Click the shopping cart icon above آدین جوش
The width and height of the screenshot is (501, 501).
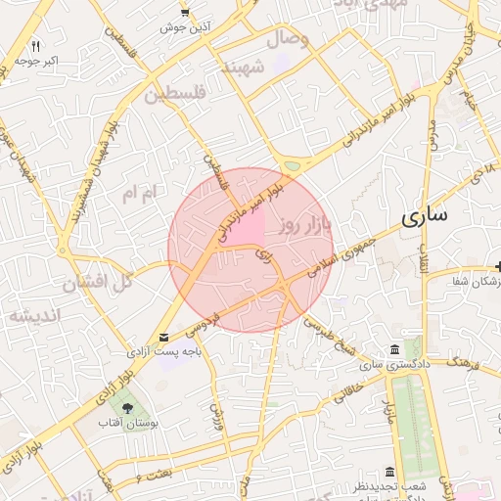coord(185,12)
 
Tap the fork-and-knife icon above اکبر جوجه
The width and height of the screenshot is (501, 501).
coord(36,46)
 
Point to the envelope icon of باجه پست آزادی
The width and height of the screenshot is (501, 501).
coord(161,337)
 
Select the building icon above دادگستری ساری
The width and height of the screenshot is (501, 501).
coord(394,350)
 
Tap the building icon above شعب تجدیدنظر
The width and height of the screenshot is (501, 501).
coord(390,472)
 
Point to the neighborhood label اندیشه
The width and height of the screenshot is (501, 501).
coord(34,315)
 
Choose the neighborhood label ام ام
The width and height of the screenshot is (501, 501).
coord(139,194)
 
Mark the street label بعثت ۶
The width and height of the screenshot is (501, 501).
coord(155,476)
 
